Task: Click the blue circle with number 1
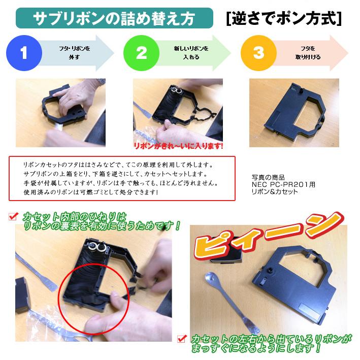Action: (23, 53)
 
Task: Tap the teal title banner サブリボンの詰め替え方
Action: (114, 19)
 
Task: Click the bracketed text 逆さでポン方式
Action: (284, 19)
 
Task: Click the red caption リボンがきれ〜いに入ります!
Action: (178, 146)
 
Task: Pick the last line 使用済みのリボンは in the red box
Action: (91, 192)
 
